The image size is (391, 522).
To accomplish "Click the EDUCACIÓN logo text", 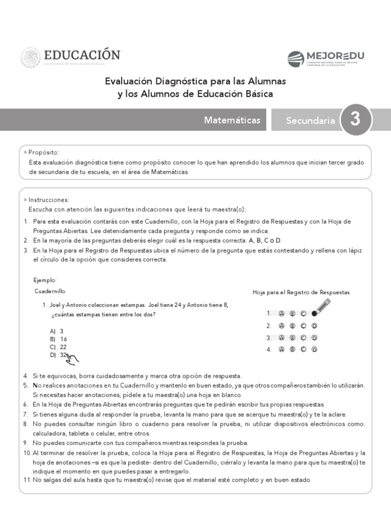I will (82, 55).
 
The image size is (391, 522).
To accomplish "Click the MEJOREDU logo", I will (326, 59).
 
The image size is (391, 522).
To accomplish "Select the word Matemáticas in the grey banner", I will (232, 120).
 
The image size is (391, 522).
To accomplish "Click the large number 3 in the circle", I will (355, 119).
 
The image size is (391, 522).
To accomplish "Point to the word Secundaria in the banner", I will (310, 121).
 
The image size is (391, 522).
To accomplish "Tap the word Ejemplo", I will (45, 280).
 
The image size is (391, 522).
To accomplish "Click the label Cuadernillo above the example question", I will (50, 291).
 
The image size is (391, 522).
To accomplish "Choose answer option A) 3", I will (57, 331).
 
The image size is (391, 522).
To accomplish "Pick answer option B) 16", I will (58, 339).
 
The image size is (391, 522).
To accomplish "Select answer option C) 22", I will (58, 347).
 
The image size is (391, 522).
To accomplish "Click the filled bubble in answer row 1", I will (314, 314).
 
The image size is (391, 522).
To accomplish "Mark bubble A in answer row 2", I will (281, 326).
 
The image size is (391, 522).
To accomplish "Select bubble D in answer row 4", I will (314, 350).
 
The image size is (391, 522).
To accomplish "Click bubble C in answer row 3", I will (303, 337).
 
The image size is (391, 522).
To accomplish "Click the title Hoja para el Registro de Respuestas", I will (301, 292).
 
